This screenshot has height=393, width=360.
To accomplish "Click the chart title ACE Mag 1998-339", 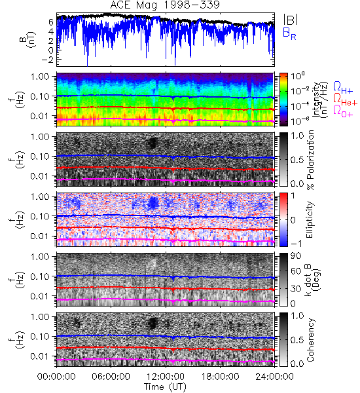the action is click(165, 5).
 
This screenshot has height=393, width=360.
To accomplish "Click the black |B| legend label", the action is click(291, 20).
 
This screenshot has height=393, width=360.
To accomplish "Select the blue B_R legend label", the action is click(289, 33).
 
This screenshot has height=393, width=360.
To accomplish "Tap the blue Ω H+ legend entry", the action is click(343, 88).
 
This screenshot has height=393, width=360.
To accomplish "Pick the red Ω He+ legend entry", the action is click(346, 100).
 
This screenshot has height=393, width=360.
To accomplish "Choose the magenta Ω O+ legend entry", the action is click(343, 111).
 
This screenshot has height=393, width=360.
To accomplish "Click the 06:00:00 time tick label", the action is click(111, 377).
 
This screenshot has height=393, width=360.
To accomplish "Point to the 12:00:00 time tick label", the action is click(166, 377).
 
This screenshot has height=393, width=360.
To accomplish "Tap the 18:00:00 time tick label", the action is click(220, 377).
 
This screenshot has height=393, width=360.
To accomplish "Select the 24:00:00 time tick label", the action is click(274, 377).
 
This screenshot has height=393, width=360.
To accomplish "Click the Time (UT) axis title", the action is click(166, 386).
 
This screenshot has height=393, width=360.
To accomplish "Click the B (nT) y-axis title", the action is click(29, 39).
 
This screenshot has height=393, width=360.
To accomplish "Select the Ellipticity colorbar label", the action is click(310, 219).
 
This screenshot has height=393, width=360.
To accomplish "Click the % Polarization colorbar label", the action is click(310, 160).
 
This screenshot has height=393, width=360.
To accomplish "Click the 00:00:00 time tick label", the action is click(56, 377).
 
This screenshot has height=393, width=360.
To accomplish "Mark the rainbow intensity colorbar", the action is click(283, 100).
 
